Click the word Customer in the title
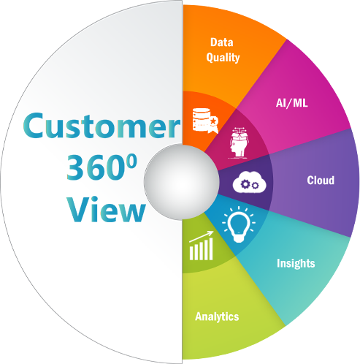point(102,126)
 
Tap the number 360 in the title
point(95,168)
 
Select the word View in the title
point(106,209)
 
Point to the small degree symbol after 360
point(132,162)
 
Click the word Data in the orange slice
point(222,42)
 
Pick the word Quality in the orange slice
point(223,58)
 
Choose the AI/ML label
point(292,103)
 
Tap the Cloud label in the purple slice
point(321,181)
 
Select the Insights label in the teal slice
point(296,263)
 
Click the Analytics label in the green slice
point(217,316)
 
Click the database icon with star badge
point(205,121)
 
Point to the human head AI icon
point(239,143)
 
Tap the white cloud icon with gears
point(250,182)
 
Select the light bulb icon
point(239,224)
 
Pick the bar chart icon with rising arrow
point(202,246)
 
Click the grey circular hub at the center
point(182,182)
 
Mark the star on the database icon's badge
point(213,121)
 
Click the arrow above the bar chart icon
point(202,236)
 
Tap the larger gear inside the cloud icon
point(245,184)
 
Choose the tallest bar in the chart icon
point(210,249)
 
